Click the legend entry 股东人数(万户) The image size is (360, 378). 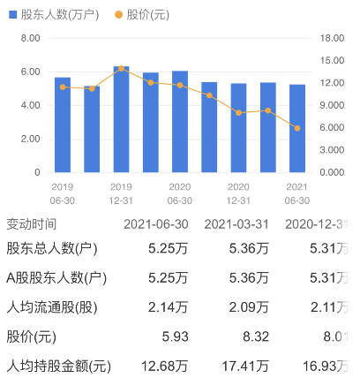click(51, 15)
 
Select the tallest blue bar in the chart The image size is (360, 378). click(121, 119)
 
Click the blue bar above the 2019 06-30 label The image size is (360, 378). click(63, 125)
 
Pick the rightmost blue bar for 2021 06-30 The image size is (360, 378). click(297, 128)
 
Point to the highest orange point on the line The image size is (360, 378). click(121, 68)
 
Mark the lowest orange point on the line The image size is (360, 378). click(297, 128)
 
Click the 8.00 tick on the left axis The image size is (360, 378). click(29, 39)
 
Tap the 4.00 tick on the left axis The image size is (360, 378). click(29, 106)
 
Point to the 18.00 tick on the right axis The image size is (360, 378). click(332, 39)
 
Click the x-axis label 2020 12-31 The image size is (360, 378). click(238, 193)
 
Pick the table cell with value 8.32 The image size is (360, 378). click(255, 336)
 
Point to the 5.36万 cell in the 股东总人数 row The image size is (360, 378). click(250, 250)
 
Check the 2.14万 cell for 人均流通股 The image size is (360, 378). click(170, 307)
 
